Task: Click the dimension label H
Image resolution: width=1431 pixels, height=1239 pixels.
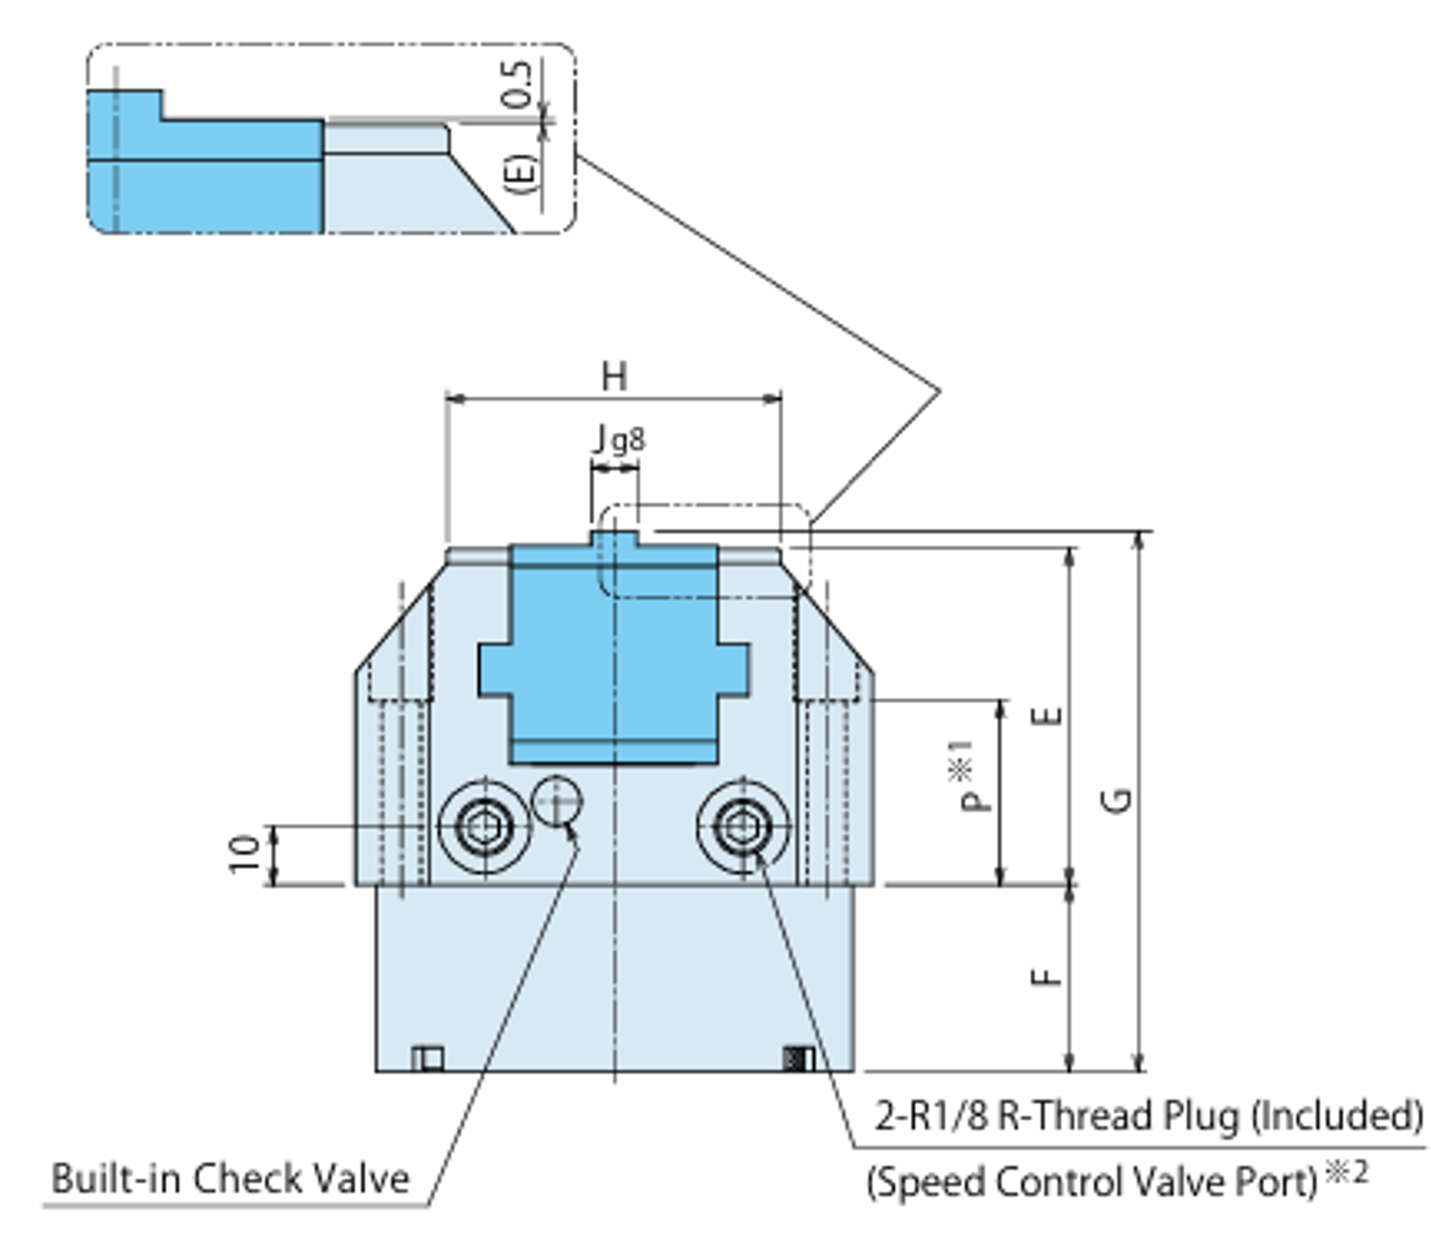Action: click(614, 375)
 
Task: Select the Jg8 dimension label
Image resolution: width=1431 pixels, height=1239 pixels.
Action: click(618, 440)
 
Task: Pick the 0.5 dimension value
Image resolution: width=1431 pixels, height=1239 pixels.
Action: click(519, 84)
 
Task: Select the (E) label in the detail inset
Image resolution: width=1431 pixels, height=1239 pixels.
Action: click(522, 174)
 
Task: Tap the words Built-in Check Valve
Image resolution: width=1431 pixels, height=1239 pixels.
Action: click(229, 1178)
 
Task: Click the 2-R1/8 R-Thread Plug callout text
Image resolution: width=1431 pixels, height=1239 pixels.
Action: click(1147, 1116)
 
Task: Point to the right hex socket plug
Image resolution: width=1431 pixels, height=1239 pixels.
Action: click(742, 826)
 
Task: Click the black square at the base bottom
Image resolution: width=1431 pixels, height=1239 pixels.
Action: click(796, 1059)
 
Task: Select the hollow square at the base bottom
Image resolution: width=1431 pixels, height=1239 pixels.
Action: click(429, 1059)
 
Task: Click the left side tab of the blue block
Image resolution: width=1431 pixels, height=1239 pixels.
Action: click(494, 669)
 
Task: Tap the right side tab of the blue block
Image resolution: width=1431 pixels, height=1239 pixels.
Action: click(733, 669)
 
